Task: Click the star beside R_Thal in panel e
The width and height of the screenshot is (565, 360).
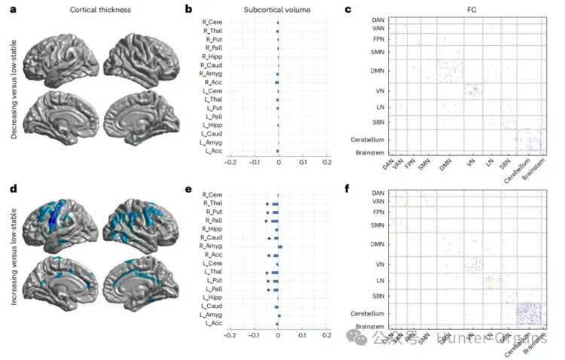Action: (x=266, y=204)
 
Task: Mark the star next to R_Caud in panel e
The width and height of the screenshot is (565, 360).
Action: (x=269, y=239)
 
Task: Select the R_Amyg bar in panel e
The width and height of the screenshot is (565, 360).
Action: (x=280, y=247)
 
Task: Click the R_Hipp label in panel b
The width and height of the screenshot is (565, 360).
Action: (x=212, y=57)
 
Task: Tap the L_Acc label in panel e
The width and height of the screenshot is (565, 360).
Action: (x=215, y=324)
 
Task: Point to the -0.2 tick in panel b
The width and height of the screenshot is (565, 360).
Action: (x=231, y=162)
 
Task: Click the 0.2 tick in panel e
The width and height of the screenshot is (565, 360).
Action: (x=327, y=335)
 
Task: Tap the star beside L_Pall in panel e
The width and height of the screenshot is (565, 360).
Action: (x=267, y=289)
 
